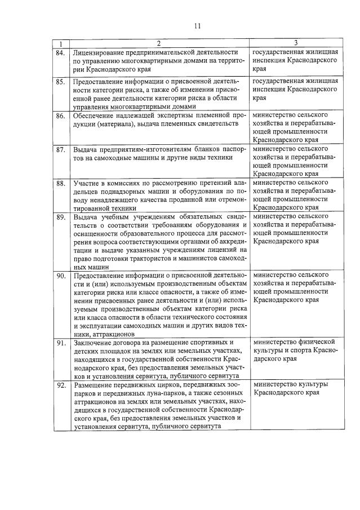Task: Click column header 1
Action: click(61, 43)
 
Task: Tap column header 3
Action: click(295, 43)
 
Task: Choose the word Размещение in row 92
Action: click(93, 385)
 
